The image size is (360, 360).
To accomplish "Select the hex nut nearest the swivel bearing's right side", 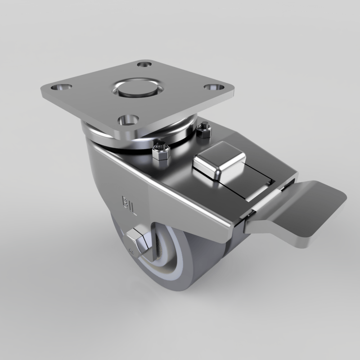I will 204,130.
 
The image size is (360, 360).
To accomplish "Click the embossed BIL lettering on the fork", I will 129,206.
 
